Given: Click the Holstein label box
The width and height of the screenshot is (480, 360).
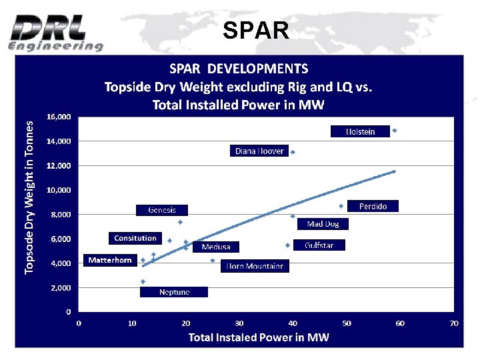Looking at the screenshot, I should pyautogui.click(x=360, y=132).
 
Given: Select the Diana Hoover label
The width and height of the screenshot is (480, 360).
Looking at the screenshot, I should pyautogui.click(x=259, y=151).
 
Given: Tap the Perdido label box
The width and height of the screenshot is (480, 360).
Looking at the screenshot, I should pyautogui.click(x=373, y=207).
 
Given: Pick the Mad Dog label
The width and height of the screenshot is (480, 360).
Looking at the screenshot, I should pyautogui.click(x=323, y=225).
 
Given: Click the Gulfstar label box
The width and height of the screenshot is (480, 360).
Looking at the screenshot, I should pyautogui.click(x=319, y=245).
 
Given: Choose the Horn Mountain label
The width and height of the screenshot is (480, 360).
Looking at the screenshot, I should pyautogui.click(x=255, y=267).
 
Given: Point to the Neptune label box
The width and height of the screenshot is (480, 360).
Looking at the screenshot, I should pyautogui.click(x=174, y=292).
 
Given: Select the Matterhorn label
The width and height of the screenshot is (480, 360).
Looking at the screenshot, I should pyautogui.click(x=110, y=261).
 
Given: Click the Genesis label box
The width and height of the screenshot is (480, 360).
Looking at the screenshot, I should pyautogui.click(x=161, y=210).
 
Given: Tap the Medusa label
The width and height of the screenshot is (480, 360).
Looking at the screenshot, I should pyautogui.click(x=215, y=247).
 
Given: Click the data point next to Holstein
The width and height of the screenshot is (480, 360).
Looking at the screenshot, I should pyautogui.click(x=395, y=131).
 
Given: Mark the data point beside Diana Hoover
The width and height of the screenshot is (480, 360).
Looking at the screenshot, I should pyautogui.click(x=293, y=152).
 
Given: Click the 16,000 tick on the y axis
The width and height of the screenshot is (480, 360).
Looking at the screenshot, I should pyautogui.click(x=59, y=117).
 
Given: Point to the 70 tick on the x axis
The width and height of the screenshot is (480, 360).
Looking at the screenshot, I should pyautogui.click(x=454, y=323).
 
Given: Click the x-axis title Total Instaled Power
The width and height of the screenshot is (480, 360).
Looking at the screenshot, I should pyautogui.click(x=259, y=337).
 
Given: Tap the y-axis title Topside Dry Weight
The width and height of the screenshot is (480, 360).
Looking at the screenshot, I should pyautogui.click(x=29, y=197).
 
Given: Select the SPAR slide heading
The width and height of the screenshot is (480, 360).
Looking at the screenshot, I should pyautogui.click(x=256, y=30).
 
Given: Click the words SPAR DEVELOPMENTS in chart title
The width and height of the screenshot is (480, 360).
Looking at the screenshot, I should pyautogui.click(x=239, y=69).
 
